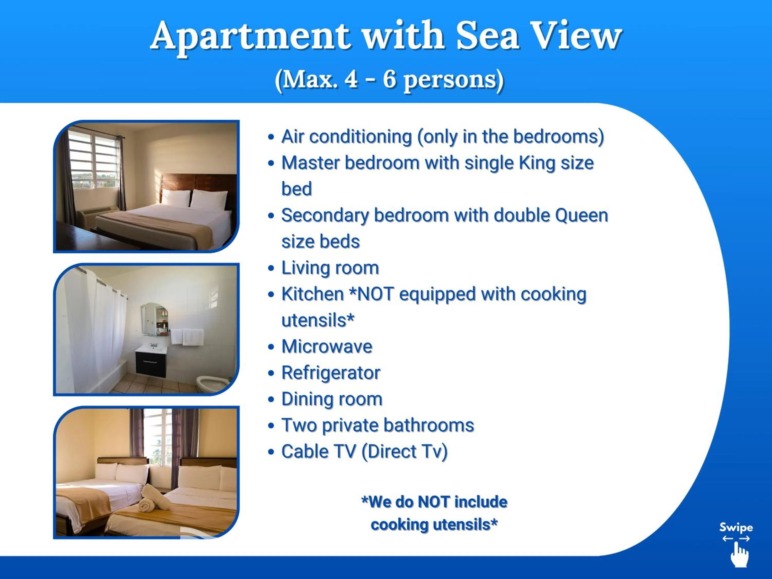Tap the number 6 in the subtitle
[389, 79]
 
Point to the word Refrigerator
[330, 373]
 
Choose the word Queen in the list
[581, 215]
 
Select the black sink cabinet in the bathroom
[151, 363]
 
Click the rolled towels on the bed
[154, 499]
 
